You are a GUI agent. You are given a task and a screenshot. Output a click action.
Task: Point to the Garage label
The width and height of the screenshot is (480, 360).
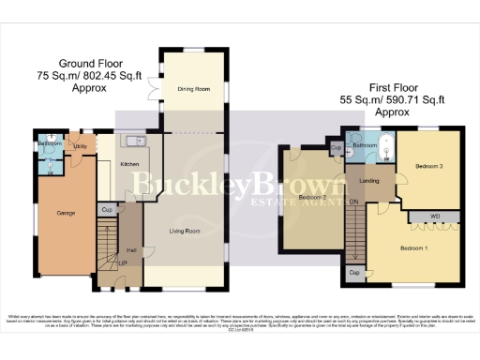coord(66,213)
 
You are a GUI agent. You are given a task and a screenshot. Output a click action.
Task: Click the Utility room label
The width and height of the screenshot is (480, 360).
coord(81,147)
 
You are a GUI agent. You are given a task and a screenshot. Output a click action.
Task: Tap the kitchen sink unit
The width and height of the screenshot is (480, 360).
coord(131,142)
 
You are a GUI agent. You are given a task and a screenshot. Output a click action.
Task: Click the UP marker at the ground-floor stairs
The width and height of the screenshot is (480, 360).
coord(122,263)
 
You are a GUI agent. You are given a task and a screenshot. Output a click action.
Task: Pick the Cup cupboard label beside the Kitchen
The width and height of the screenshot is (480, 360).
coord(107,209)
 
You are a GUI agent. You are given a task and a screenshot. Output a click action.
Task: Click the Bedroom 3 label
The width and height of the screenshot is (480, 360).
coord(428,166)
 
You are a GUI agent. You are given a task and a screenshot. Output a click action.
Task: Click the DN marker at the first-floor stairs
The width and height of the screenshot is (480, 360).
coord(353,202)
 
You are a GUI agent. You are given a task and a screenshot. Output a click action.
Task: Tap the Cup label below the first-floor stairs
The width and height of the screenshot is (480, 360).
coord(354,272)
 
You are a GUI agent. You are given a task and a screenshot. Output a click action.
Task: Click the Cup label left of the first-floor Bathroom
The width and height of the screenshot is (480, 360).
coord(336,149)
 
